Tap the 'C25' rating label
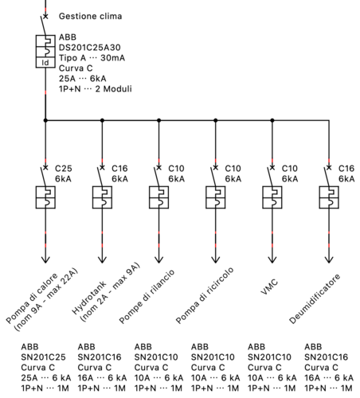click(x=63, y=169)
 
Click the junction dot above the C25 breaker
click(x=45, y=121)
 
